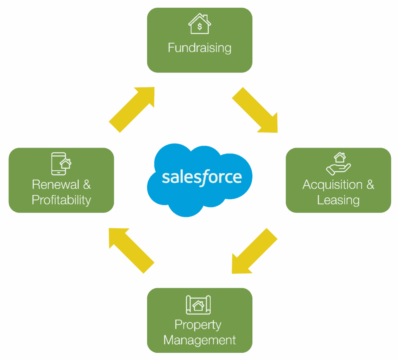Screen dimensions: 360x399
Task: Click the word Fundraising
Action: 199,48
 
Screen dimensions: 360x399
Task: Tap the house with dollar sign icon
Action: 199,24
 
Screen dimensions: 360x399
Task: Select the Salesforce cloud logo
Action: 199,179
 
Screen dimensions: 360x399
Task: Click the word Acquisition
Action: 332,185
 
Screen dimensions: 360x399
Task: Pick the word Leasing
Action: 338,200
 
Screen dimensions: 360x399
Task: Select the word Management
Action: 199,340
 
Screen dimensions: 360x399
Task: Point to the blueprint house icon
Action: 198,305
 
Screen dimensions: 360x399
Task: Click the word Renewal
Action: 56,185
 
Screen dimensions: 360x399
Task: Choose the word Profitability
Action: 61,200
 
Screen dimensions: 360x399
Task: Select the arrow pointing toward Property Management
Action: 254,251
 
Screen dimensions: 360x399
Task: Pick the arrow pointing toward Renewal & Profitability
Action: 131,250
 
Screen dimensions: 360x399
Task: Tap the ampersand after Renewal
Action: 87,185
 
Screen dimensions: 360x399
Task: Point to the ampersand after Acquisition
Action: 370,185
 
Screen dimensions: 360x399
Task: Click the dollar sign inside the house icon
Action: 199,27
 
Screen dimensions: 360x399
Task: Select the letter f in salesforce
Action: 206,178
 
